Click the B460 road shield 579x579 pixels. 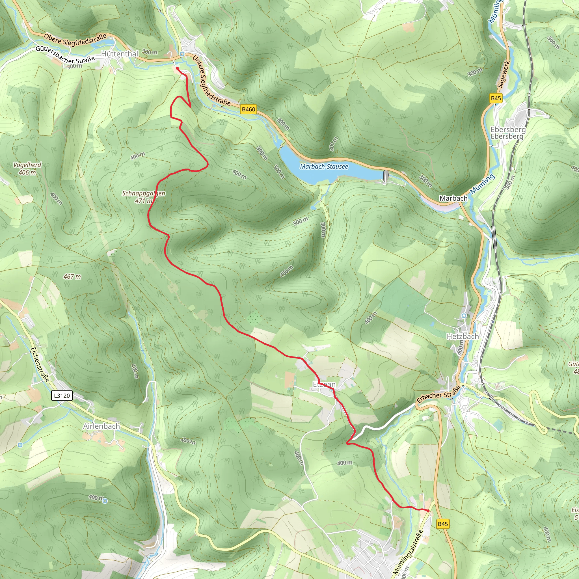[249, 109]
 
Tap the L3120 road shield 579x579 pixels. [62, 396]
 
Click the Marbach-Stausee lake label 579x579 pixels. [324, 167]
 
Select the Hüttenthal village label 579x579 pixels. [120, 54]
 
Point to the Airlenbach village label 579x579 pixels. [101, 426]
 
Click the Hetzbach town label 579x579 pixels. [463, 336]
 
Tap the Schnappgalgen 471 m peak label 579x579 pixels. [144, 197]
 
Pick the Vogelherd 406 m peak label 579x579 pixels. [27, 168]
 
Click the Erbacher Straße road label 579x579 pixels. [438, 395]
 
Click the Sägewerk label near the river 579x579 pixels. [504, 74]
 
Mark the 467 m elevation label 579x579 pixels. [72, 276]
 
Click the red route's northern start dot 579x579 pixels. [178, 68]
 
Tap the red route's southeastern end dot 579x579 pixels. [428, 511]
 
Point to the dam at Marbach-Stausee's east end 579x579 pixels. [385, 176]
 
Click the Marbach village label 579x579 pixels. [453, 198]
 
